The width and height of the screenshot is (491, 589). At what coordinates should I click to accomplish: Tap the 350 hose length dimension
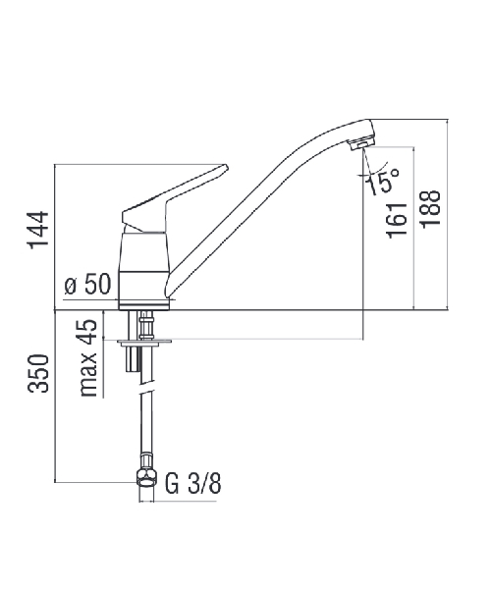[x=38, y=373]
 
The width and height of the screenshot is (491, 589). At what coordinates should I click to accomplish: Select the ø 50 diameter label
[x=88, y=284]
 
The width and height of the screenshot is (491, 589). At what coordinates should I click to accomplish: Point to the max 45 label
[x=88, y=358]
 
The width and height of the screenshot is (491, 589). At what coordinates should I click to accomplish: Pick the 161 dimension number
[x=397, y=221]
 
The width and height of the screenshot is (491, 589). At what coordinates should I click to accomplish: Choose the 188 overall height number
[x=430, y=209]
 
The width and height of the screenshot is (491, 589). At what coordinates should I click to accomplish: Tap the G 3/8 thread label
[x=193, y=483]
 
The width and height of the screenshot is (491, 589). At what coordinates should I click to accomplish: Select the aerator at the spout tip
[x=361, y=143]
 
